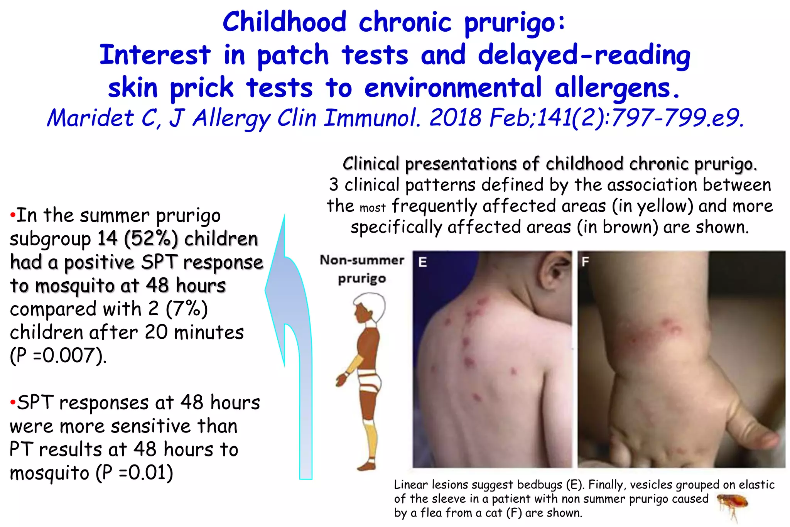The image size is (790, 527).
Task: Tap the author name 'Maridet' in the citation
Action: (90, 118)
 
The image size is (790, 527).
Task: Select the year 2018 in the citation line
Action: (456, 118)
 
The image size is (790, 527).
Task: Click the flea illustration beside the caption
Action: (733, 504)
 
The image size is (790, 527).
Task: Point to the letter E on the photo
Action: (423, 262)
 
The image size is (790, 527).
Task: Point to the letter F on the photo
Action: (586, 262)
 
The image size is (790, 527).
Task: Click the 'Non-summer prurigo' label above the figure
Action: (362, 269)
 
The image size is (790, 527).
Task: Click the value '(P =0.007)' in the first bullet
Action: (58, 356)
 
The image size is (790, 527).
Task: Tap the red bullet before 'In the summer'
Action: (12, 215)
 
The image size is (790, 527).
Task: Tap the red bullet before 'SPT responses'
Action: (12, 402)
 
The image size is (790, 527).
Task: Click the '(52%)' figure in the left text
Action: (151, 239)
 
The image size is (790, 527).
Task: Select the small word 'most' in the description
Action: (373, 208)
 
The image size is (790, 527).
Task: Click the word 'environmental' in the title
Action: (453, 88)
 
